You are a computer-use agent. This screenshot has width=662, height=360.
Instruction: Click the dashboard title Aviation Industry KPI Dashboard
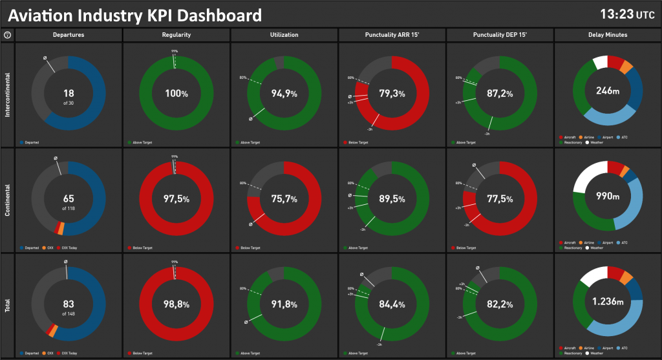point(135,15)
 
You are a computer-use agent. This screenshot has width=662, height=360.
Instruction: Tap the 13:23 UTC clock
point(626,14)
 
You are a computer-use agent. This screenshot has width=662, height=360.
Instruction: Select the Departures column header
point(68,35)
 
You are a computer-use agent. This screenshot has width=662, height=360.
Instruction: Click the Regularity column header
point(176,35)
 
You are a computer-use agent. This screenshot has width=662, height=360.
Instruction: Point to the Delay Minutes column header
point(607,35)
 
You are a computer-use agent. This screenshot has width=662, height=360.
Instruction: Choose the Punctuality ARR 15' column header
point(392,35)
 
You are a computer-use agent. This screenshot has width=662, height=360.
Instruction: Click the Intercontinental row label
point(7,95)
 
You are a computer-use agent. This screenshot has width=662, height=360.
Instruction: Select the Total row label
point(7,305)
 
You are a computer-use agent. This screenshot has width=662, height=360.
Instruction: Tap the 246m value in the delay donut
point(608,92)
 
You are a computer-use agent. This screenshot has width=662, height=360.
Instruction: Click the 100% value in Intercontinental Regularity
point(176,94)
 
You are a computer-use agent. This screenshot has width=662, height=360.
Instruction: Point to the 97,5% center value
point(176,199)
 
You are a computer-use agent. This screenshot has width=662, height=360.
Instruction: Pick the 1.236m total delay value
point(608,301)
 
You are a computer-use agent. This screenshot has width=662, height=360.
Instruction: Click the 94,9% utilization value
point(284,94)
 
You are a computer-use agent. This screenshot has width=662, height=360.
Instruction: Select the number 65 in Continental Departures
point(68,198)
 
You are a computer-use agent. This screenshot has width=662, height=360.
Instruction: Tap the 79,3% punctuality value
point(392,94)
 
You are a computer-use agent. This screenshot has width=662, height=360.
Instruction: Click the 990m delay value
point(608,196)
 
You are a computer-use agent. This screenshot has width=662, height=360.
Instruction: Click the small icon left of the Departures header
point(7,35)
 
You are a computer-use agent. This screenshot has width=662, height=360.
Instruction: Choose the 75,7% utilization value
point(284,199)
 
